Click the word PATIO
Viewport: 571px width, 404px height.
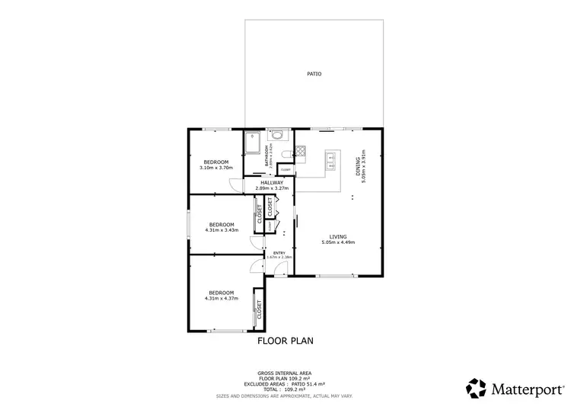click(x=314, y=74)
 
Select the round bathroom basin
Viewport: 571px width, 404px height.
click(x=277, y=136)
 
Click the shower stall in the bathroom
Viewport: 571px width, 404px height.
click(x=252, y=146)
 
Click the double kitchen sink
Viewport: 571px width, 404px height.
click(x=332, y=160)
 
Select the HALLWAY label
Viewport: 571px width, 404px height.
click(x=272, y=183)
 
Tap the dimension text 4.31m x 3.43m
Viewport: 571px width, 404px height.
click(x=222, y=229)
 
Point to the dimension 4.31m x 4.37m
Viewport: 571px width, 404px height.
click(x=222, y=298)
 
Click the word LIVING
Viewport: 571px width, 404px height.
click(x=339, y=236)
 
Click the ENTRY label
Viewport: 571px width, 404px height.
click(x=279, y=252)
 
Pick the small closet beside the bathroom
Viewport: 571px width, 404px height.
click(x=285, y=170)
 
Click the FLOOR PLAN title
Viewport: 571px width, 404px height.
click(x=285, y=341)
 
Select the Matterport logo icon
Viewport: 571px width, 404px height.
click(x=477, y=387)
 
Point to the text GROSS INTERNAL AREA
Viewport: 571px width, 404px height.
click(x=285, y=373)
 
